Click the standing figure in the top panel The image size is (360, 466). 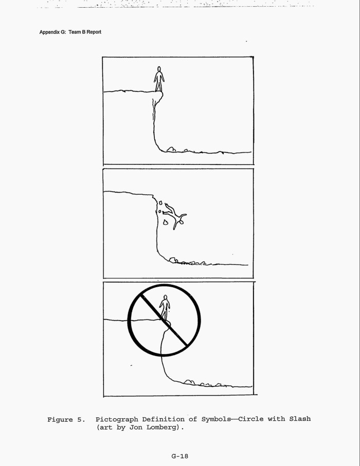tap(159, 79)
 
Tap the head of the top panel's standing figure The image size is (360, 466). tap(159, 69)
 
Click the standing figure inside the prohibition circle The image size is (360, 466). tap(165, 307)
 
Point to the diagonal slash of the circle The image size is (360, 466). tap(164, 320)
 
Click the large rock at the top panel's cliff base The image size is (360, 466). tap(171, 149)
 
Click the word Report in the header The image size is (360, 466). tap(94, 32)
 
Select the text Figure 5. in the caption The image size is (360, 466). tap(66, 420)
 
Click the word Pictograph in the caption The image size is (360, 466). tap(117, 420)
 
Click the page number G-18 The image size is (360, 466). tap(179, 456)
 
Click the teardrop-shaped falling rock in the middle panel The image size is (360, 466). tap(166, 222)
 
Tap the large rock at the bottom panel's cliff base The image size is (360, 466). tap(189, 382)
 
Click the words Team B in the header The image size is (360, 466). tap(77, 32)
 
